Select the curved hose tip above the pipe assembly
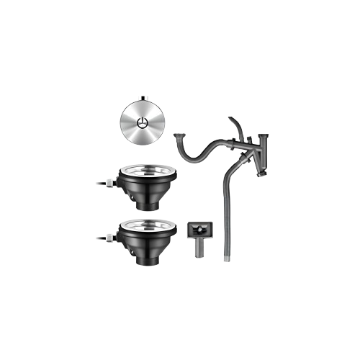232,124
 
